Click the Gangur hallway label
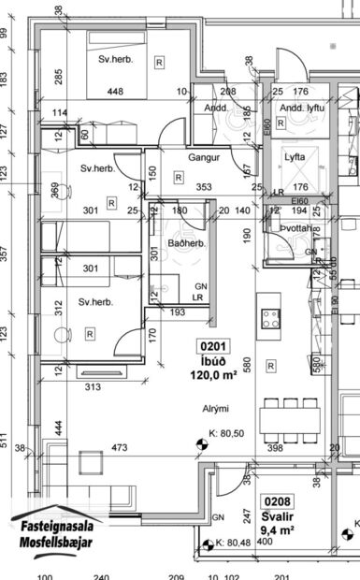pos(203,159)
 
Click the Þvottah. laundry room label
pos(298,228)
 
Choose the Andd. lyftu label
pos(302,109)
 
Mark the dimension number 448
pos(116,92)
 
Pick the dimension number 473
pos(119,449)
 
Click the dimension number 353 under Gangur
pos(204,187)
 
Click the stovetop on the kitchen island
pos(272,318)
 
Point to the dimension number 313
pos(92,386)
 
